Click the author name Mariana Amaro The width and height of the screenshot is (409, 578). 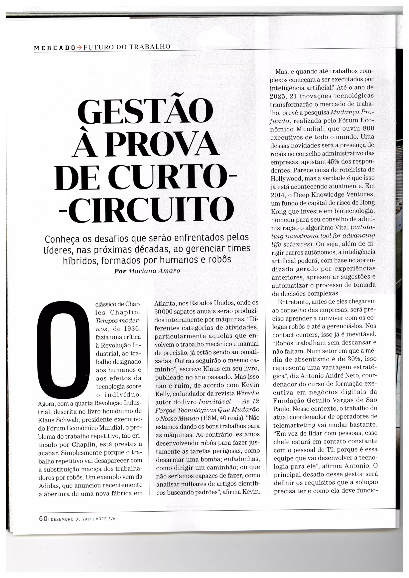click(154, 271)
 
